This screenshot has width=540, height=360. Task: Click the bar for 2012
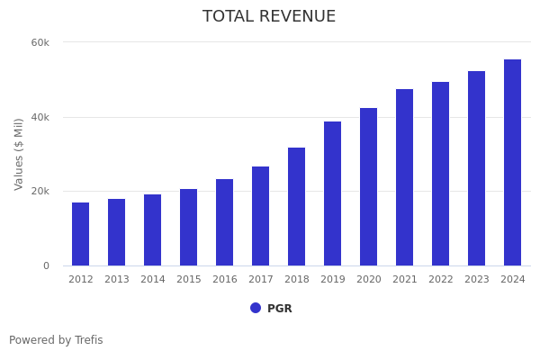click(x=81, y=234)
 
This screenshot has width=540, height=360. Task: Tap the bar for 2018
click(x=297, y=207)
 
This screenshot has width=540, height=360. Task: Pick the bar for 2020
click(x=369, y=187)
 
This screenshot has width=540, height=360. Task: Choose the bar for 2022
click(x=441, y=174)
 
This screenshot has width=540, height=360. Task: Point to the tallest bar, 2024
click(x=513, y=163)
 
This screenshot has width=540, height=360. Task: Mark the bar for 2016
click(x=225, y=222)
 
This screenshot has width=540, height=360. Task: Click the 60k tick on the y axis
click(x=40, y=42)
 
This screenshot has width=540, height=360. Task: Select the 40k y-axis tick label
click(x=40, y=117)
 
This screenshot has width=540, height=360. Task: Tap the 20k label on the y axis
click(x=40, y=191)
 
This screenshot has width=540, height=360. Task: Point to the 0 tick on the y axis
click(x=46, y=265)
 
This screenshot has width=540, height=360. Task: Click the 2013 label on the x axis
click(x=117, y=280)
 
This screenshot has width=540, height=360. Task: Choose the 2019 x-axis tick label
click(x=333, y=280)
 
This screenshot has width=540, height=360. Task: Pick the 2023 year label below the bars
click(x=477, y=280)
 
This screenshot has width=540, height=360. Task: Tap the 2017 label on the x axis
click(x=261, y=280)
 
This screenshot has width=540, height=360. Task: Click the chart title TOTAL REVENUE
click(x=269, y=17)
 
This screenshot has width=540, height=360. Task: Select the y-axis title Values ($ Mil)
click(x=19, y=154)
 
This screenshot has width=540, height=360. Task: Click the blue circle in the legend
click(x=256, y=308)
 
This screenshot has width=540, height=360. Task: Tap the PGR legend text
click(x=280, y=309)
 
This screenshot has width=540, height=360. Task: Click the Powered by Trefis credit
click(x=56, y=340)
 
